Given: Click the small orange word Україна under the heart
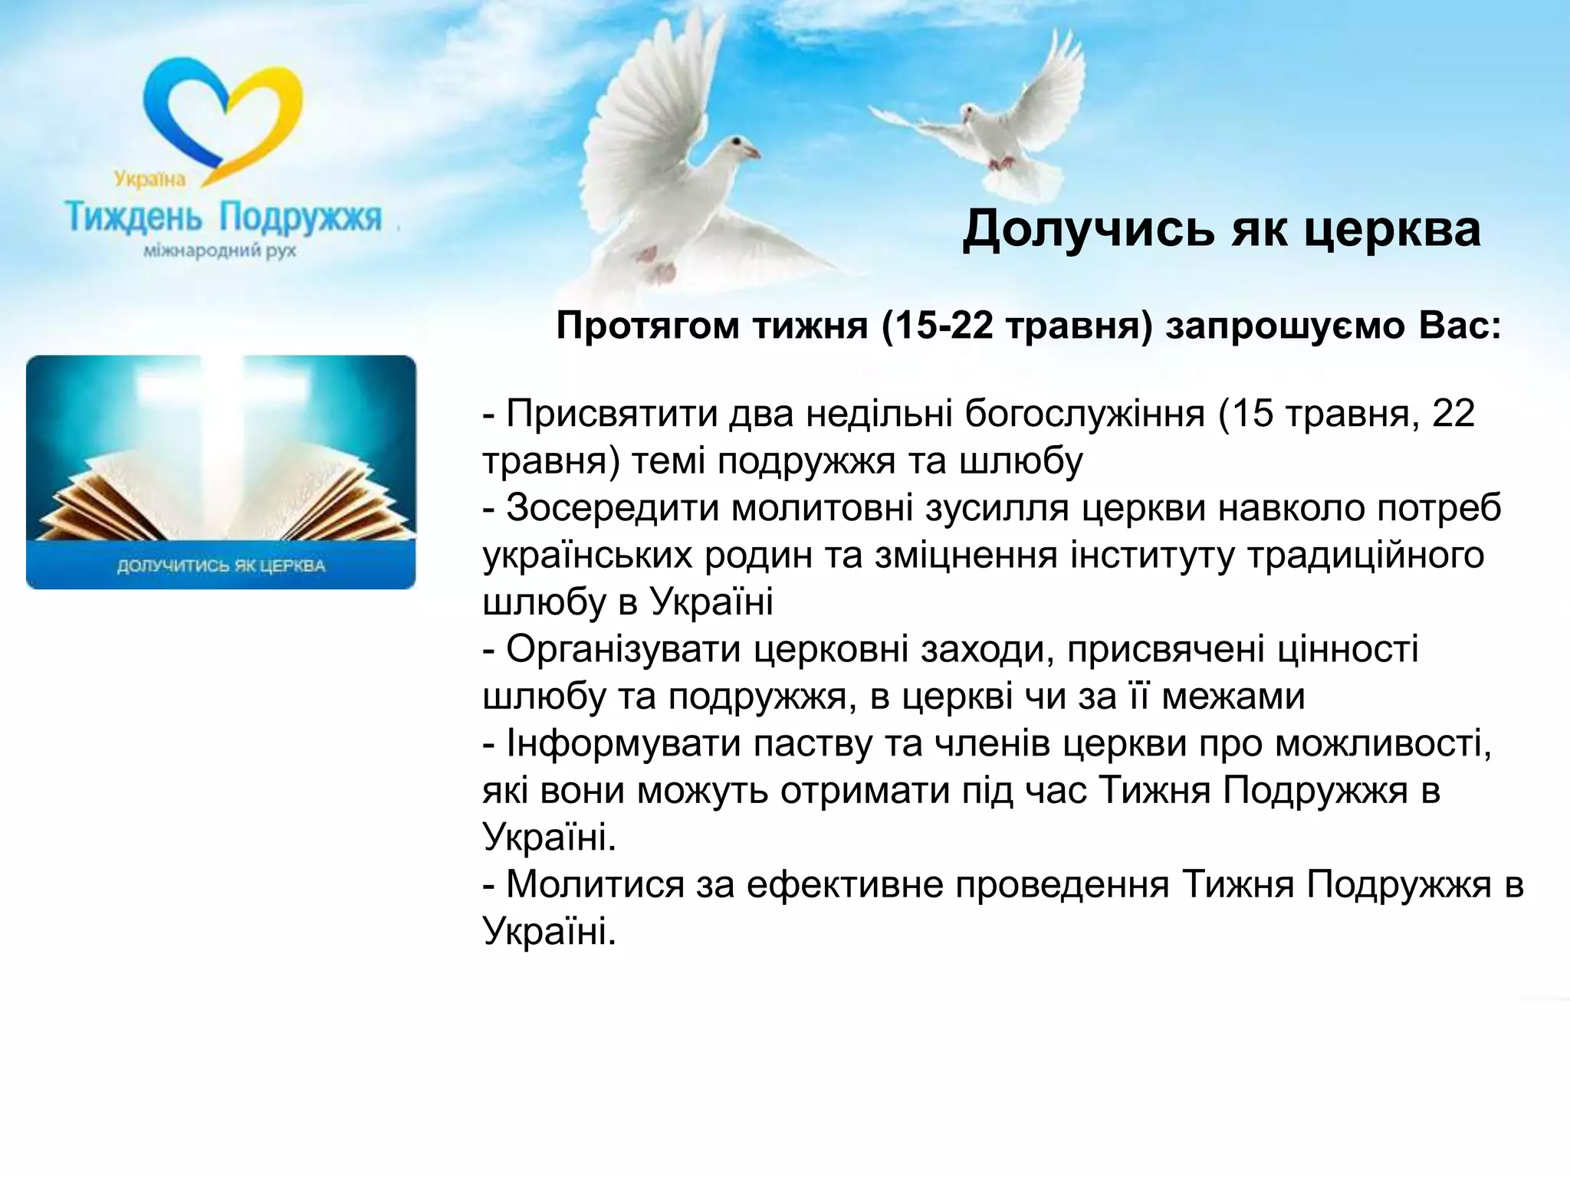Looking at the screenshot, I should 150,179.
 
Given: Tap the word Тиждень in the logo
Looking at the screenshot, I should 133,218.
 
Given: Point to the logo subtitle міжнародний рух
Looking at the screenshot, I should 220,251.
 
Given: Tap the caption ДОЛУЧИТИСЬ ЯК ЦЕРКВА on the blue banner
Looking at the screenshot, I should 221,566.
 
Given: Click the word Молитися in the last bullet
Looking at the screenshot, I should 595,885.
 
